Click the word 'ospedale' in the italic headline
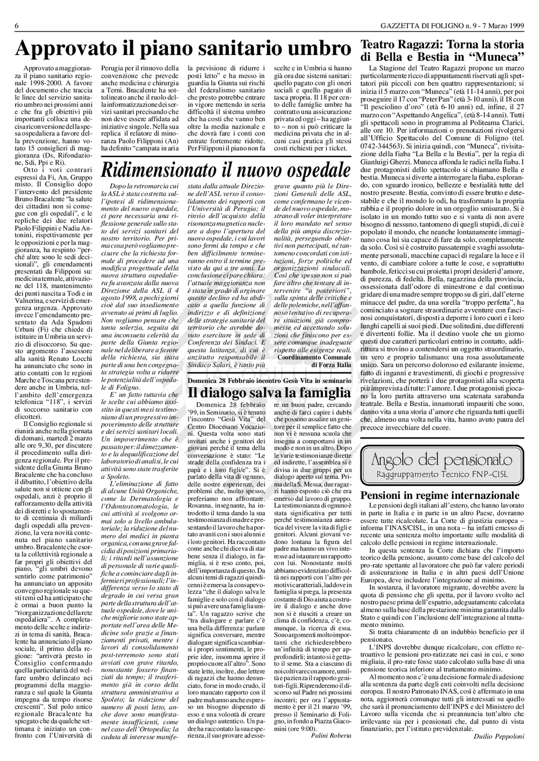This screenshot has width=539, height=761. (x=319, y=170)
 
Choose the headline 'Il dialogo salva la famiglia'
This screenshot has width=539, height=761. (x=269, y=393)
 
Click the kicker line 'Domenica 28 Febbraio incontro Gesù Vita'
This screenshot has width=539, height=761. (x=269, y=381)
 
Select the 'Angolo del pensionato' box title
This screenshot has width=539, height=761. (x=442, y=460)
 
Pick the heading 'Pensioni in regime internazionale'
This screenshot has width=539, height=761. (x=440, y=496)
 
